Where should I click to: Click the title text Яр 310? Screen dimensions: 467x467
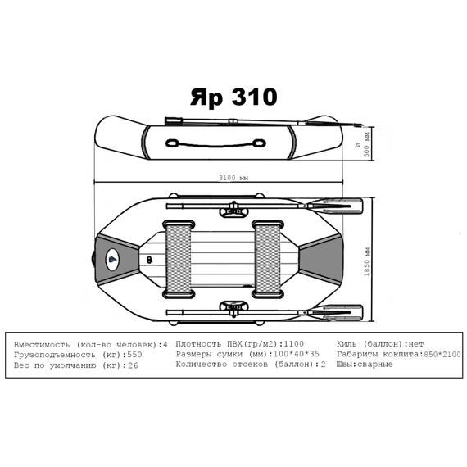coord(233,97)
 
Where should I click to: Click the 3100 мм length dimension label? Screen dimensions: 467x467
coord(233,176)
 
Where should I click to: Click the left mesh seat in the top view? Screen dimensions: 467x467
coord(180,261)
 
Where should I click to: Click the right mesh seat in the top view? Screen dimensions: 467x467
coord(269,261)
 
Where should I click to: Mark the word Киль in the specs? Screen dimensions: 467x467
coord(347,343)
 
